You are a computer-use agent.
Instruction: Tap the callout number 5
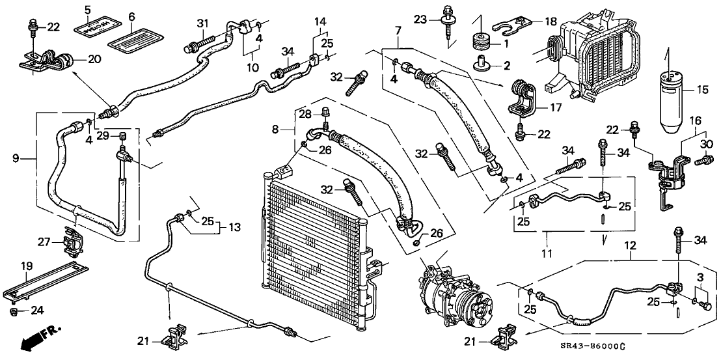[87, 9]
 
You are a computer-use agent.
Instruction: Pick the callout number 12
[629, 245]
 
